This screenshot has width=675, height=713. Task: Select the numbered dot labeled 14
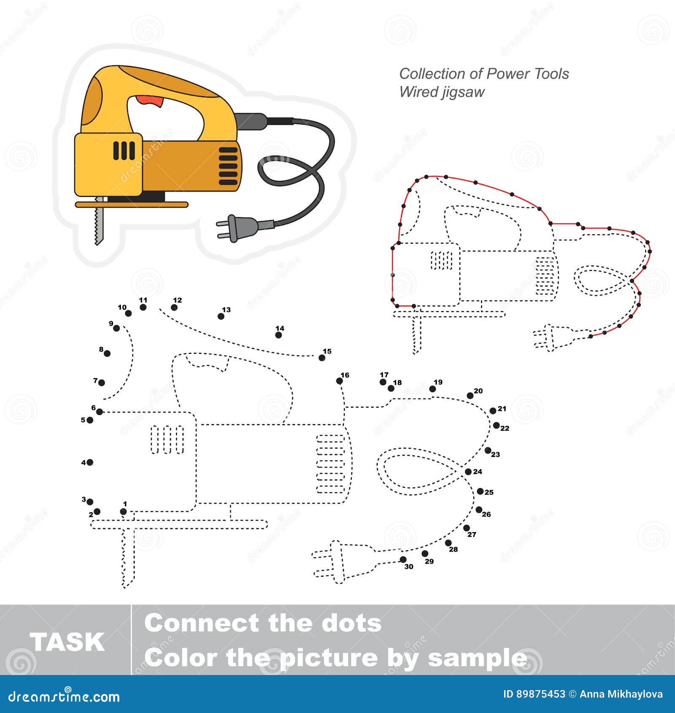tap(278, 335)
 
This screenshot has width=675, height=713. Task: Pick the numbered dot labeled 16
tap(340, 381)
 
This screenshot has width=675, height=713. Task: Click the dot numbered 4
tap(90, 462)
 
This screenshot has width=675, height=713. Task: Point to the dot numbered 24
tap(468, 472)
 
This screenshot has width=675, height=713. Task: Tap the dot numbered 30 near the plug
tap(403, 560)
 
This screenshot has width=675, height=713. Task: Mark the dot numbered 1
tap(123, 511)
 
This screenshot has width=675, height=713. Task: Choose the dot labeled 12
tap(174, 307)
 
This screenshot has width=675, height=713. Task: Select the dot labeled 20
tap(470, 396)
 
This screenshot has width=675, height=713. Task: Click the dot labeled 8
tap(107, 354)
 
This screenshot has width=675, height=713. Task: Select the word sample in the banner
tap(478, 658)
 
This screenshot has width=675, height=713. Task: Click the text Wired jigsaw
tap(442, 92)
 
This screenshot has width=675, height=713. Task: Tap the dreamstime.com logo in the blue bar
tap(64, 697)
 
